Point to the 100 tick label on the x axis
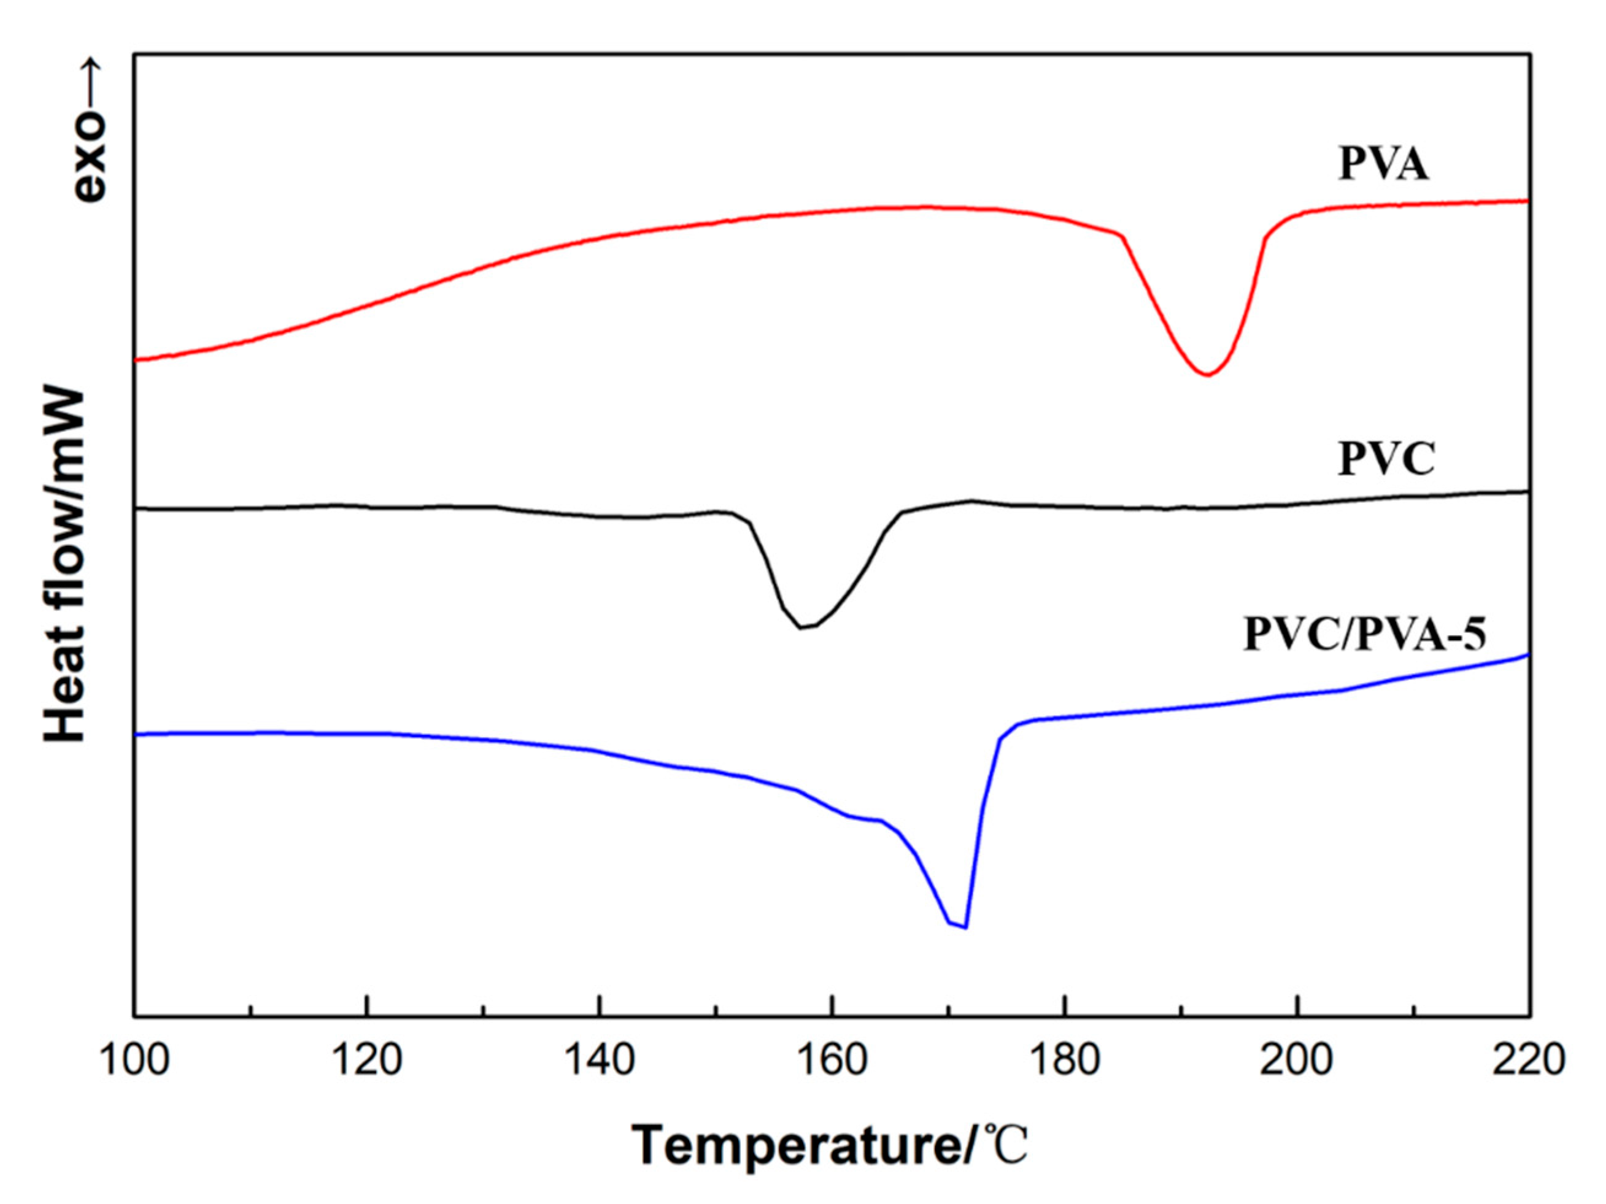(x=135, y=1060)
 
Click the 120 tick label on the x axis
(x=368, y=1060)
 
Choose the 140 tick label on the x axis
(x=600, y=1060)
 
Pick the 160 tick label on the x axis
(x=832, y=1060)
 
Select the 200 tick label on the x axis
(x=1297, y=1060)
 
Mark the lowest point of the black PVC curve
(x=801, y=627)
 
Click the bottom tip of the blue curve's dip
(x=965, y=927)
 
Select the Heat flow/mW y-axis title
(x=65, y=566)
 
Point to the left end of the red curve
(x=136, y=359)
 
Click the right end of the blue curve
(x=1527, y=654)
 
